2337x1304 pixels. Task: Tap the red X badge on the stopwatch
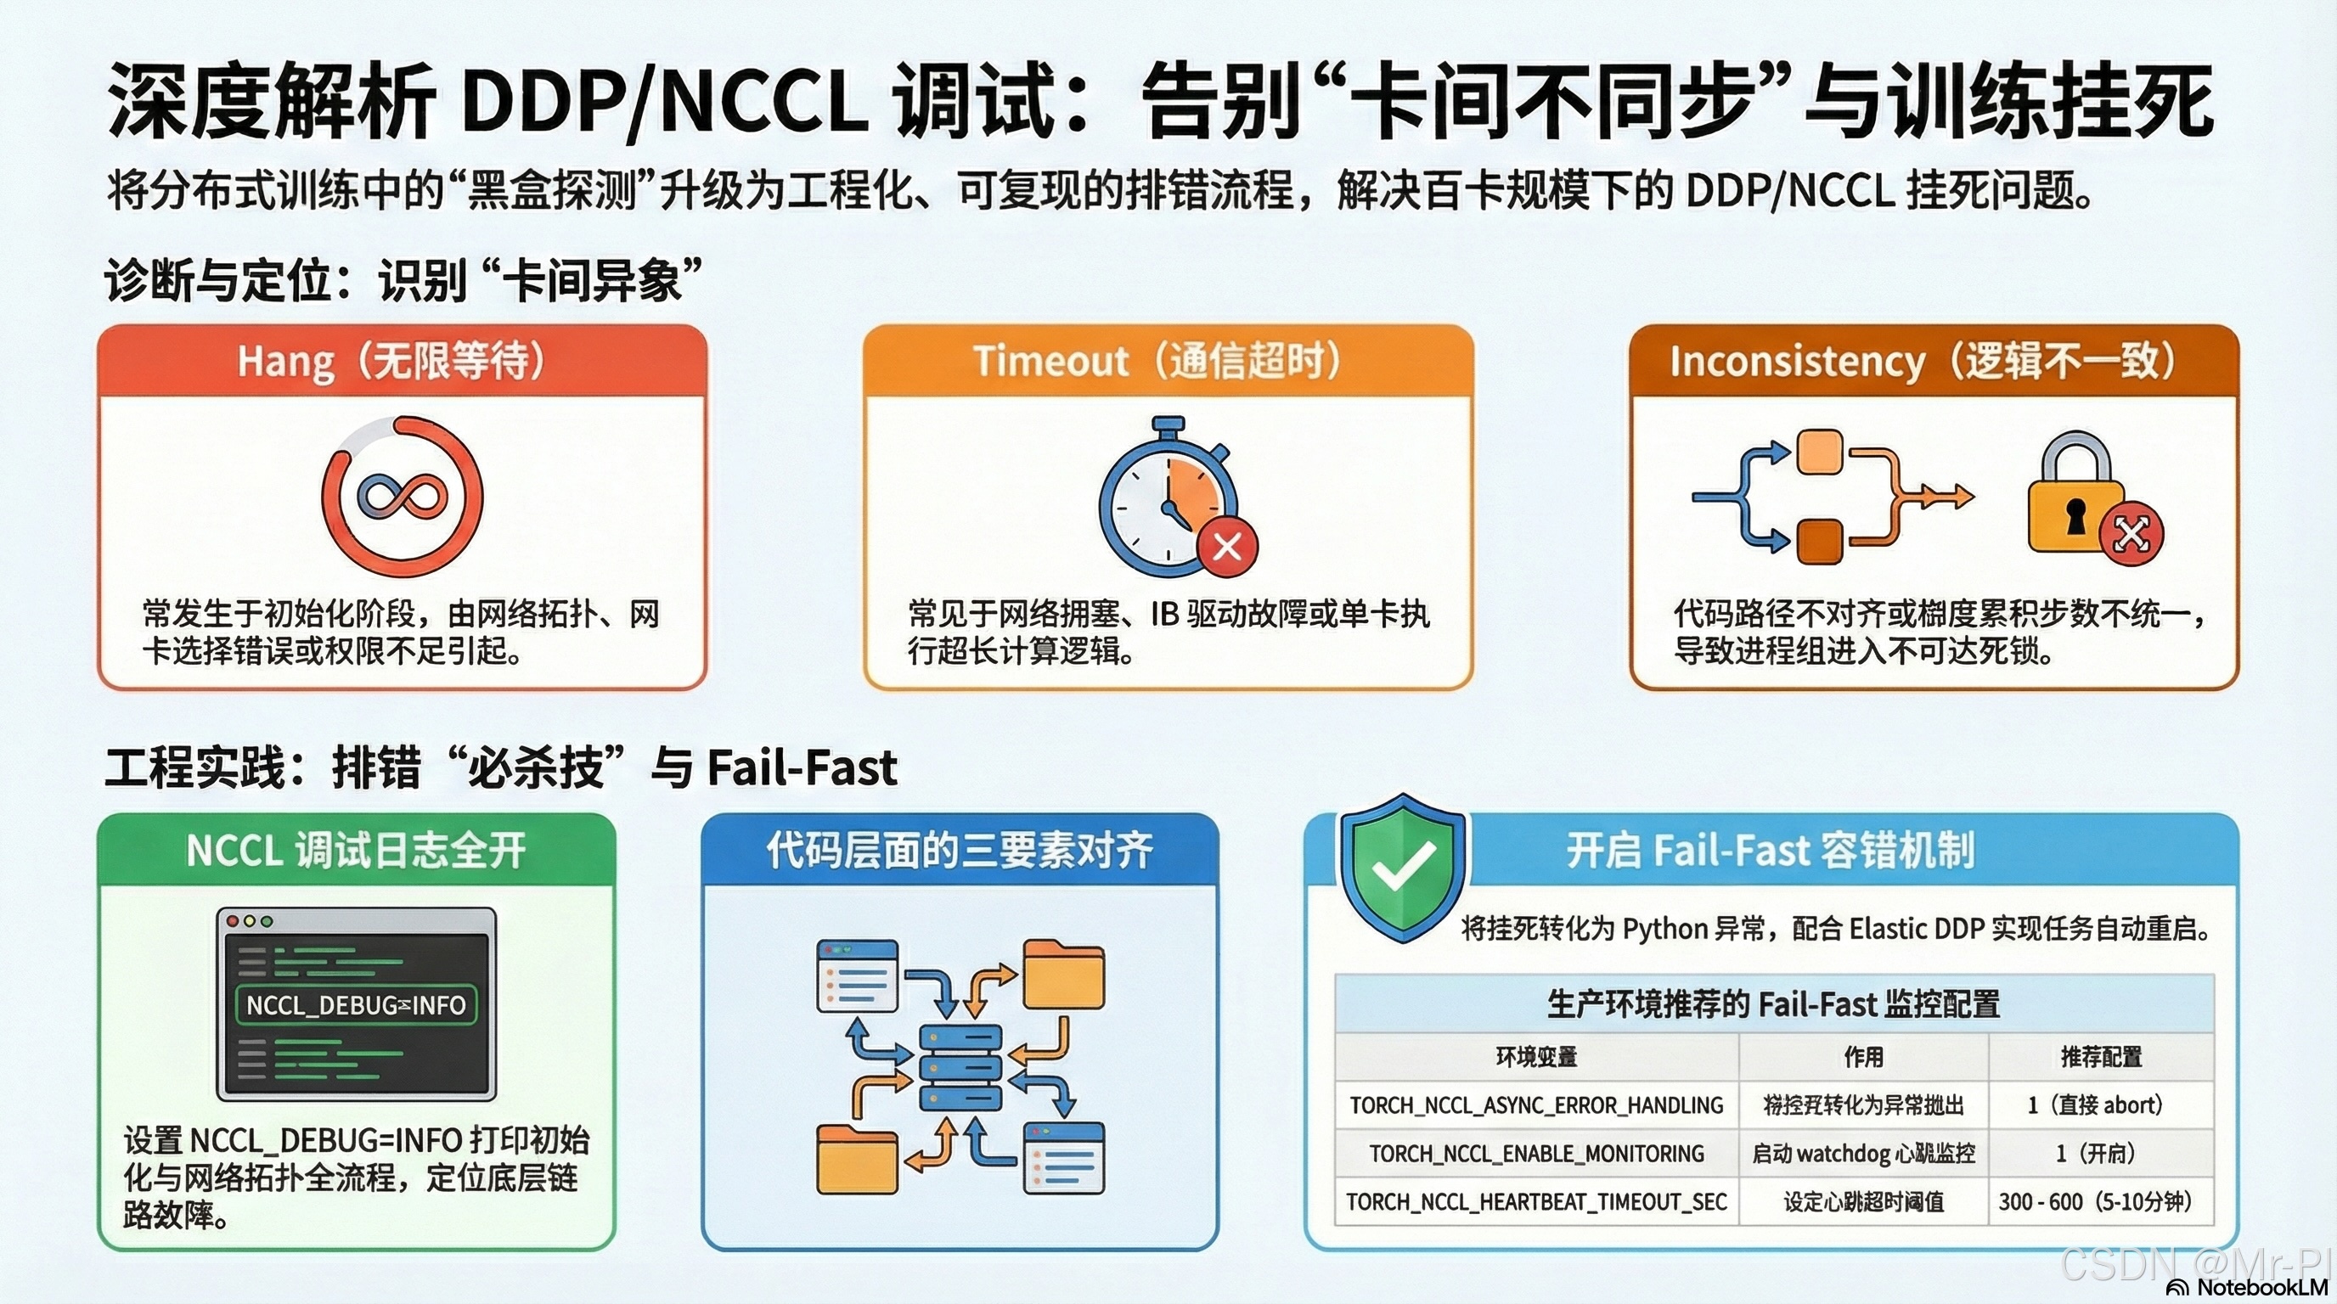click(x=1227, y=547)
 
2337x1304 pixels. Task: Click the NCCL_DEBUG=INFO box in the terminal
click(x=356, y=1005)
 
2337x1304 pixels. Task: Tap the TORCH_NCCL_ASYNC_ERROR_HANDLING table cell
click(x=1536, y=1104)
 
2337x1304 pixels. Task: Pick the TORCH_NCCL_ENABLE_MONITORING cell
click(x=1536, y=1154)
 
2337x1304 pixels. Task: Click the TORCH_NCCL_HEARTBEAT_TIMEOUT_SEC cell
click(x=1536, y=1201)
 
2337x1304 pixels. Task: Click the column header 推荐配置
click(x=2101, y=1056)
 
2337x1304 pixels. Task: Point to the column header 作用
click(x=1863, y=1056)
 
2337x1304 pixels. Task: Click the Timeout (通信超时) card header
click(x=1168, y=360)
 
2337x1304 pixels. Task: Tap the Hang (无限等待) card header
click(x=402, y=360)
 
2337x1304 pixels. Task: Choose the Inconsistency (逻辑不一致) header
click(x=1934, y=360)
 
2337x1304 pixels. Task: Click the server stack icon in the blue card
click(x=960, y=1066)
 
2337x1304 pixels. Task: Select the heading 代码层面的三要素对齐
click(x=960, y=851)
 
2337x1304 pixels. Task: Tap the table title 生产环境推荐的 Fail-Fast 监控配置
click(x=1773, y=1003)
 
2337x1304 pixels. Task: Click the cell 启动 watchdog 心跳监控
click(x=1863, y=1154)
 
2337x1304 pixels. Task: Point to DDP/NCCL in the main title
click(x=662, y=103)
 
